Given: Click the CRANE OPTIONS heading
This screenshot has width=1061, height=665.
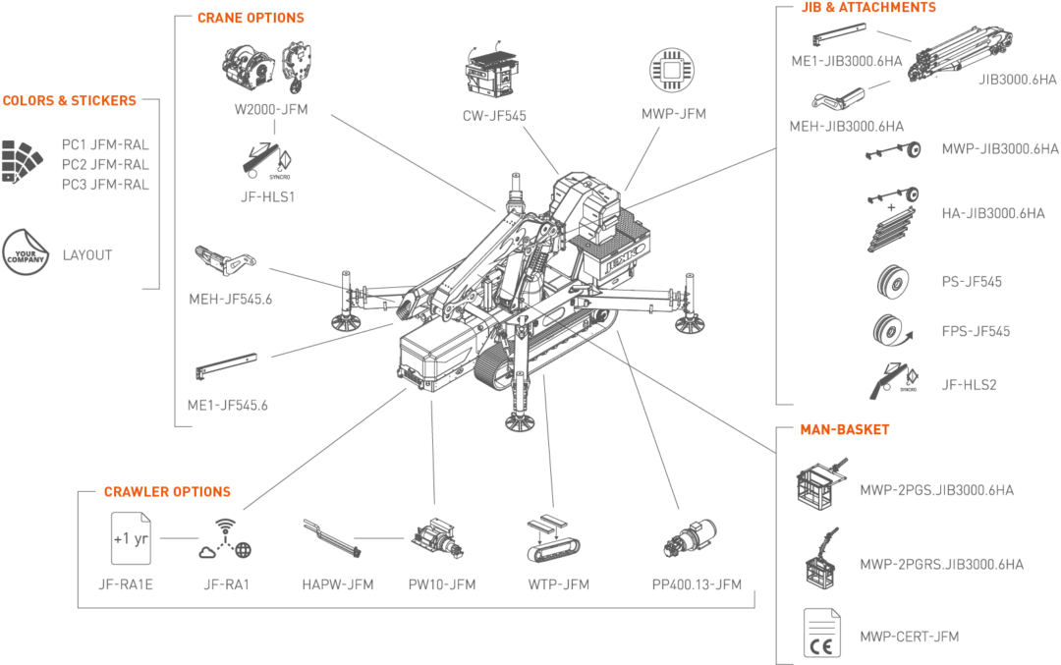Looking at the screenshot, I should (x=251, y=18).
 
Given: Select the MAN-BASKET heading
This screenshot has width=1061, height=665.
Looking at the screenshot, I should (x=845, y=429).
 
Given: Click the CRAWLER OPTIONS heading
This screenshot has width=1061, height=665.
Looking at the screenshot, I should (x=167, y=491).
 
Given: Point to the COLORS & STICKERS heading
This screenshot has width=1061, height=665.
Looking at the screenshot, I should (x=69, y=100).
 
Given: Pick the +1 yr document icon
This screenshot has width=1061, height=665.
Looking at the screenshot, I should (x=131, y=539).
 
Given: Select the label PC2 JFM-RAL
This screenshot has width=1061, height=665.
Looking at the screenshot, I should (x=105, y=164).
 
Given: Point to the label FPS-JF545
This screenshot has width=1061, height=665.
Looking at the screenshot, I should (x=976, y=331).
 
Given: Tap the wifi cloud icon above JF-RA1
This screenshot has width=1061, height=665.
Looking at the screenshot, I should (x=226, y=539).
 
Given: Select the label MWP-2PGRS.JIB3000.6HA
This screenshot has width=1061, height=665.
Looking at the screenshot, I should (x=941, y=564).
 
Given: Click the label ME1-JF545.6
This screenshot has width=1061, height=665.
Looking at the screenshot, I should (x=229, y=405).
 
